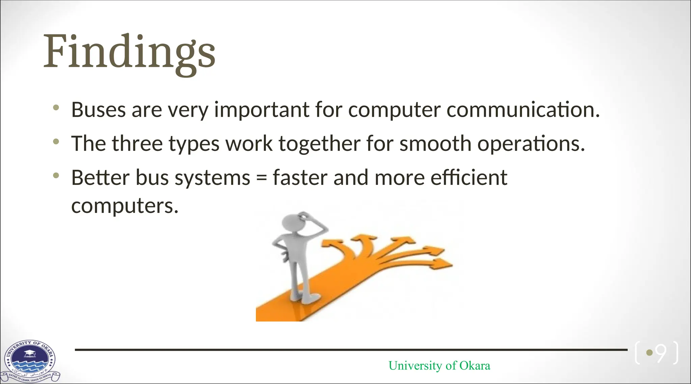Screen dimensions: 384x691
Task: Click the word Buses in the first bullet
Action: click(98, 110)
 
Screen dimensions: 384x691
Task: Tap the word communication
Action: click(523, 110)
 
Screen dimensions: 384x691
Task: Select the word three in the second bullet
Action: click(137, 144)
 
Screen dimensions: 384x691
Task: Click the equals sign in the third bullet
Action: click(261, 178)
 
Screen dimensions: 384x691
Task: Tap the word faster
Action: click(300, 177)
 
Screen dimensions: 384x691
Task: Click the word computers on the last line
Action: click(125, 206)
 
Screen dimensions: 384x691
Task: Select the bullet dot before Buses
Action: click(56, 108)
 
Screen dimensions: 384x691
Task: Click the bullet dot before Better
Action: click(56, 175)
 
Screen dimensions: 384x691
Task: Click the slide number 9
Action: click(661, 353)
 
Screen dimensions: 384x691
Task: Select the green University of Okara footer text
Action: click(439, 366)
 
